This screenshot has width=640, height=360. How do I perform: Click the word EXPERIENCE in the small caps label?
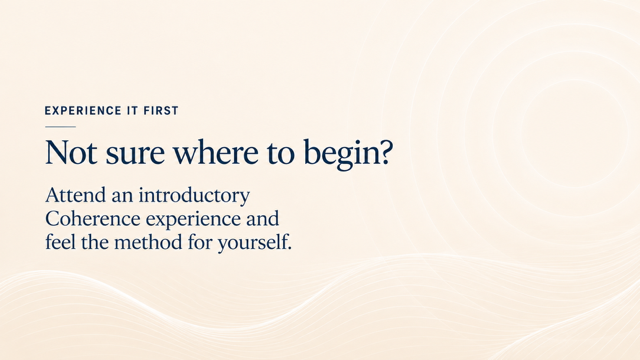[83, 111]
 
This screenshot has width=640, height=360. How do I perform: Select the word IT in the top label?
[133, 111]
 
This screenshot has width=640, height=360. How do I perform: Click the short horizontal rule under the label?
[60, 127]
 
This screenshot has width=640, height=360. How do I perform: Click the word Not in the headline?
[71, 152]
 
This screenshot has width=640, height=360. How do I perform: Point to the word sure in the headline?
[135, 154]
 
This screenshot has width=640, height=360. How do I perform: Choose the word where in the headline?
[216, 152]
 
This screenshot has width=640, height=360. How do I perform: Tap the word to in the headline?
[281, 154]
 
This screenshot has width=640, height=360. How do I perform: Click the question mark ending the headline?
[384, 152]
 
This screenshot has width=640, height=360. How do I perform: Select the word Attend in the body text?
[76, 195]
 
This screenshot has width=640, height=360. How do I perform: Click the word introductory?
[194, 196]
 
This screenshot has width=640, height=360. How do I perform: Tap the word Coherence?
[92, 219]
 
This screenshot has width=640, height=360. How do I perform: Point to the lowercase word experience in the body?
[193, 220]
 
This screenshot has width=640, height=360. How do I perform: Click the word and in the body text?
[262, 219]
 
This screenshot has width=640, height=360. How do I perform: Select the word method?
[148, 242]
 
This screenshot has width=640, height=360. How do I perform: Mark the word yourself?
[252, 243]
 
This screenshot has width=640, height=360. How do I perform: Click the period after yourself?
[289, 249]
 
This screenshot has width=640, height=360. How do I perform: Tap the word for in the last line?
[200, 242]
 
